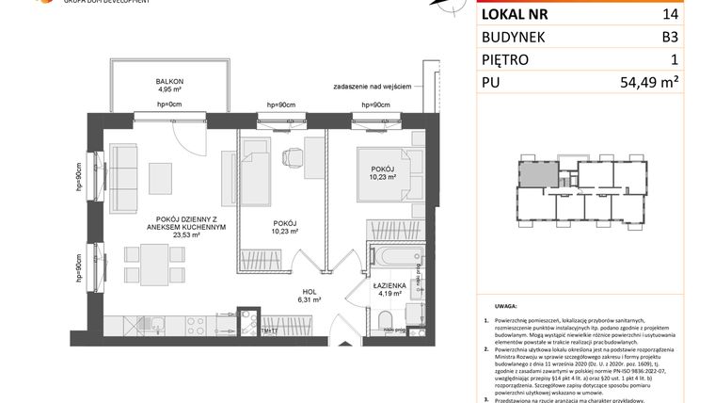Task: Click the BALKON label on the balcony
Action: (x=169, y=82)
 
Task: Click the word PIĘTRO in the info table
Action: (x=506, y=60)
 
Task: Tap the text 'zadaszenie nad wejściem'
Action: (x=373, y=87)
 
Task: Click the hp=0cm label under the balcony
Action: (x=169, y=104)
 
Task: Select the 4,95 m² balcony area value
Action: (x=169, y=91)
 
